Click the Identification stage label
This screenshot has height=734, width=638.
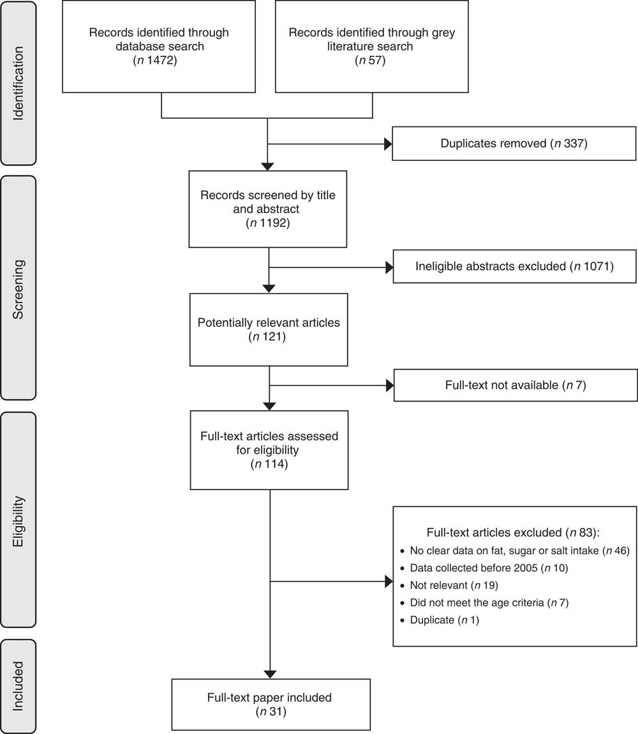pos(19,84)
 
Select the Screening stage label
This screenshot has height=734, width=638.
pos(19,288)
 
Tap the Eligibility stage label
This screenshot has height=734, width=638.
pos(19,520)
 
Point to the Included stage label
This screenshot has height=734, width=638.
pos(19,686)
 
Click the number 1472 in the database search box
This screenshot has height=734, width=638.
pos(161,61)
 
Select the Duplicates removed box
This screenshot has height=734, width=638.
pos(514,143)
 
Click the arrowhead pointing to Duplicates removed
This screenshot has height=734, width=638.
pos(388,144)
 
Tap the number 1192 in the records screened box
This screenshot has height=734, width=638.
pos(274,223)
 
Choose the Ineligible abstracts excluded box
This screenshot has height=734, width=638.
pos(515,266)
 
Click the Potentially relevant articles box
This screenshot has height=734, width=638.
pos(269,329)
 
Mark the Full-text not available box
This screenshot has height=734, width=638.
pos(516,386)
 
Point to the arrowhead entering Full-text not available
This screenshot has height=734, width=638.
pos(390,386)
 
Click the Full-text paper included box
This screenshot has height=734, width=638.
pos(271,705)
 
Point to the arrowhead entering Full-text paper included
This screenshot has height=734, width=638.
pos(270,675)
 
